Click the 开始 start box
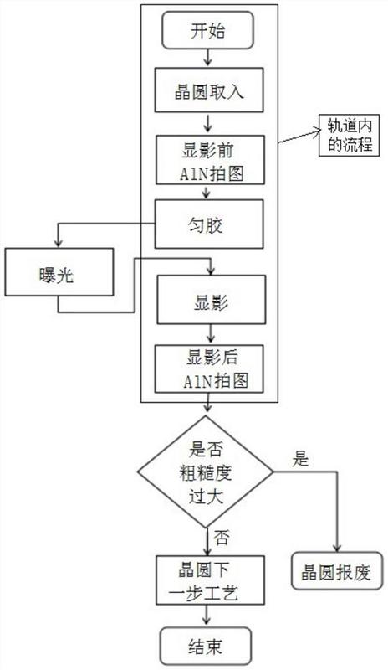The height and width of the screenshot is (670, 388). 208,30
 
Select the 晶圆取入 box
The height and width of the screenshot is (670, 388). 209,90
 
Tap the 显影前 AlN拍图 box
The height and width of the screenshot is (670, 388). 210,160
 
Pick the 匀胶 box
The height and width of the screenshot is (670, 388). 209,224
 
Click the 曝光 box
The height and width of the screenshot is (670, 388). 59,271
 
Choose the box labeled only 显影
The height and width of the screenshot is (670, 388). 212,299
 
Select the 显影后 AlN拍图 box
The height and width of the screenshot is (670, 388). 209,368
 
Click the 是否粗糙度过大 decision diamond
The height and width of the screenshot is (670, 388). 205,472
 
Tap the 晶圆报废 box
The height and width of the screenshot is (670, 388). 336,571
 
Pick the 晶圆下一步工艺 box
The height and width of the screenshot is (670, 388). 210,580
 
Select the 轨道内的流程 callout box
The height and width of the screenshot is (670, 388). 349,136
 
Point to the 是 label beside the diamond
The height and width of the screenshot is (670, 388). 300,459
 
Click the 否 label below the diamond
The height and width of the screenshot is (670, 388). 222,538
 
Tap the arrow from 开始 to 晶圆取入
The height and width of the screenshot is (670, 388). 208,58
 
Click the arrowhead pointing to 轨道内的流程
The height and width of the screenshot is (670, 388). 317,132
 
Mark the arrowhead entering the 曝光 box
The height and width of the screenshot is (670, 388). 58,244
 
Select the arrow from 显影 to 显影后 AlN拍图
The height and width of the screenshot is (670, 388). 211,334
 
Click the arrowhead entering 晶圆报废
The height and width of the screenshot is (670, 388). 337,548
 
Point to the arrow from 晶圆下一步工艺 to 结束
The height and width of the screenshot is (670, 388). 207,616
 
